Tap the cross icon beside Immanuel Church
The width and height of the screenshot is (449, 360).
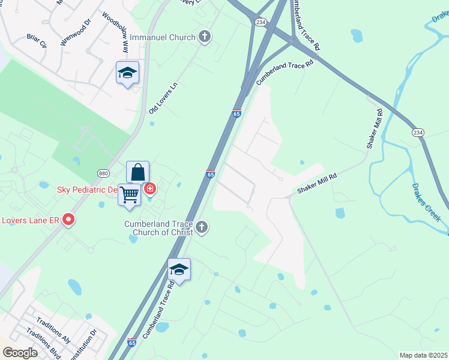pos(205,37)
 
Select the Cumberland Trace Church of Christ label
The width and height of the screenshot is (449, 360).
pos(158,228)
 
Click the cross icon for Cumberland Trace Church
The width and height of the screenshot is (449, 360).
pos(202,227)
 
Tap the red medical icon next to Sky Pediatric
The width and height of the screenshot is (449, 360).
pos(149,190)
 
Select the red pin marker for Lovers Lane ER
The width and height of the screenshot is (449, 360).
pos(68,220)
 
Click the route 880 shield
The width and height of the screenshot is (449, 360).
pos(103,173)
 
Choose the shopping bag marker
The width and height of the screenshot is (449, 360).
pos(137,173)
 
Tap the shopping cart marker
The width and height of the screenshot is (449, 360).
pos(130,194)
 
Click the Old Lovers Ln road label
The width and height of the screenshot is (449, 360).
pos(164,98)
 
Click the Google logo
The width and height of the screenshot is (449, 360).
pos(20,353)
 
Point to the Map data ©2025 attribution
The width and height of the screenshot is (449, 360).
pos(423,355)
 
